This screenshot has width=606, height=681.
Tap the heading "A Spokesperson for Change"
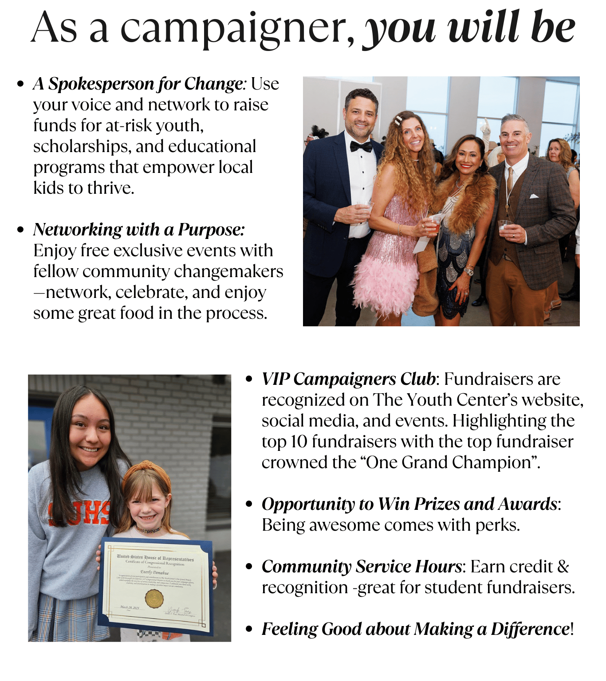tap(138, 84)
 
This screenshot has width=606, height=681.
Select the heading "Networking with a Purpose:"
tap(139, 230)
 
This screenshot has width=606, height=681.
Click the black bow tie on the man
tap(361, 146)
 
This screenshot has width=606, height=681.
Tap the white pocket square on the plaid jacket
tap(534, 196)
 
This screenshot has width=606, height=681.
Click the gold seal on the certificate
tap(154, 599)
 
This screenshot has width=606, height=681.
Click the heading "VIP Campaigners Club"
tap(349, 380)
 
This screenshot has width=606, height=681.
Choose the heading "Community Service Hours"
tap(362, 567)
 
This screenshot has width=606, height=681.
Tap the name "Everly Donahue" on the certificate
tap(154, 572)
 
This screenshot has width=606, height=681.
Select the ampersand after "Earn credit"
tap(563, 567)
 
